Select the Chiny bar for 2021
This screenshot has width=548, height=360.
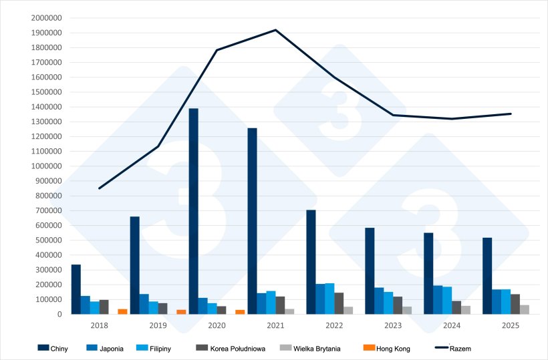[x=252, y=220]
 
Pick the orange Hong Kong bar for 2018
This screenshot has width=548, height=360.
[x=122, y=311]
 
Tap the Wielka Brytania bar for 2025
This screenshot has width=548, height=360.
[x=525, y=309]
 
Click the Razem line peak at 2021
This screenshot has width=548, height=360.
[x=275, y=30]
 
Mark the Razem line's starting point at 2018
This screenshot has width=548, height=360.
[x=100, y=188]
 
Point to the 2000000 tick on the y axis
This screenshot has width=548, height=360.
[x=47, y=18]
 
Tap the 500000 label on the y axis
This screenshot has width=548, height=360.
[x=49, y=240]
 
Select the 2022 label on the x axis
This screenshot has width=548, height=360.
[x=334, y=325]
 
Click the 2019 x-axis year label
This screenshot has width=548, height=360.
[x=158, y=325]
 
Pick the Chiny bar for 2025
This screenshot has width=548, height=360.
[x=487, y=276]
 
